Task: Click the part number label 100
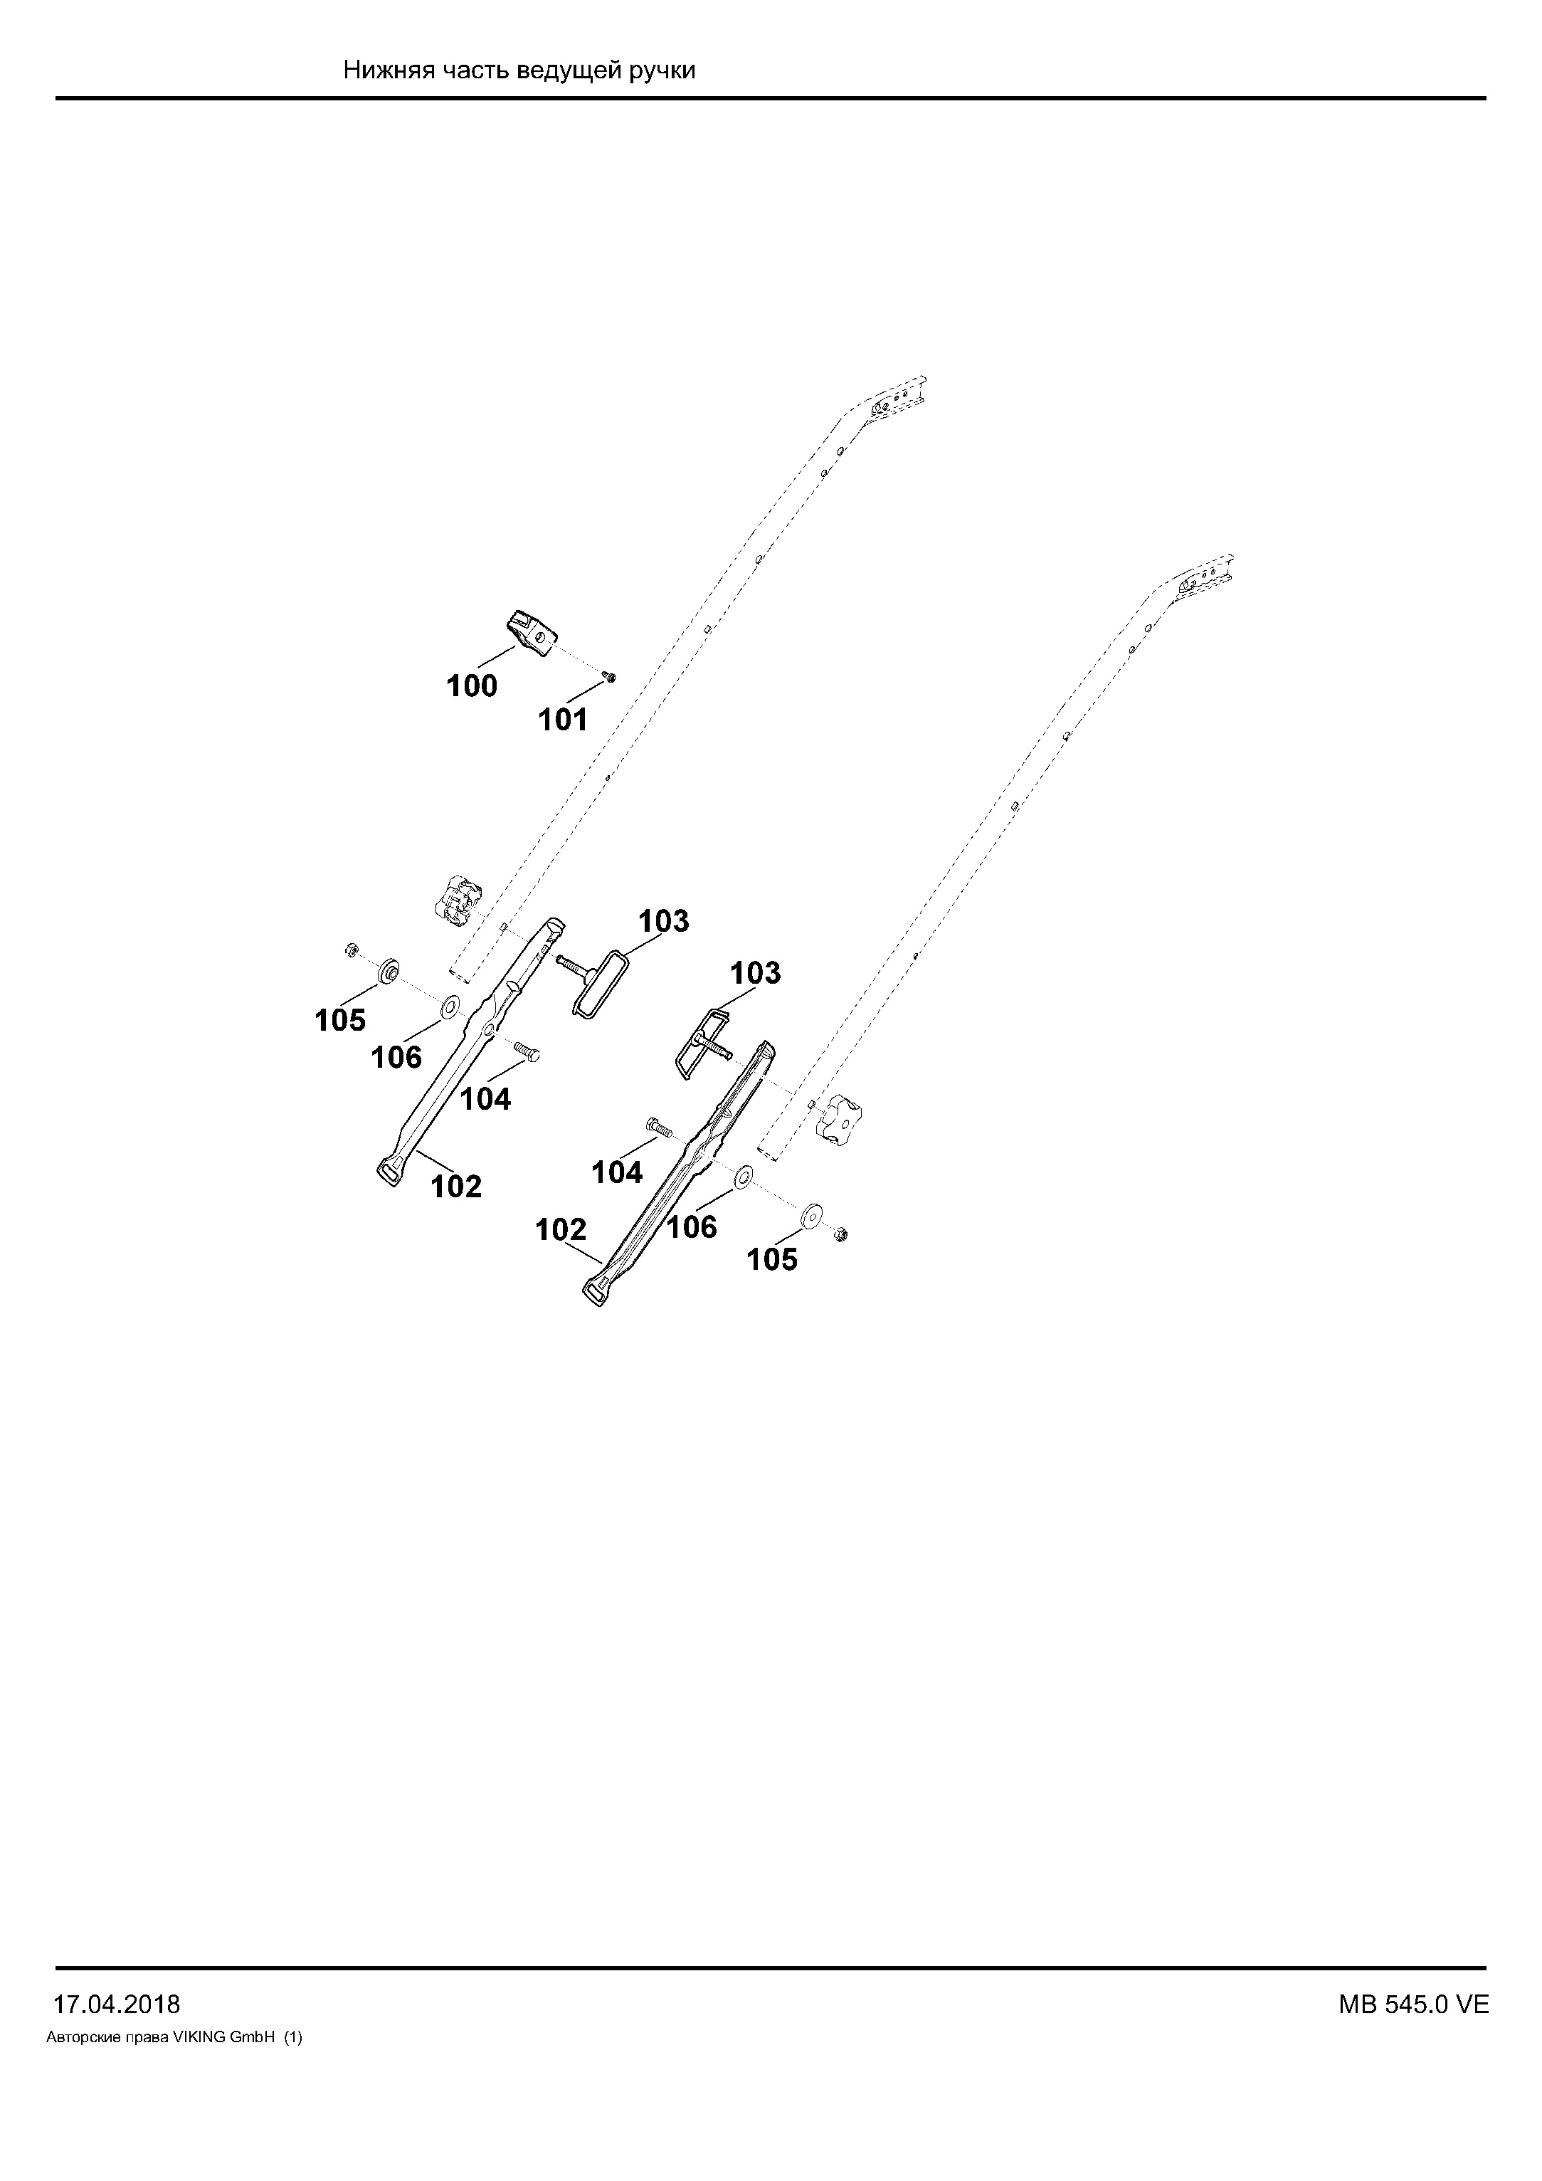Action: (472, 686)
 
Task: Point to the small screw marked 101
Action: (610, 676)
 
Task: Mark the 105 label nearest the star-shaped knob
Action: (772, 1260)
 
